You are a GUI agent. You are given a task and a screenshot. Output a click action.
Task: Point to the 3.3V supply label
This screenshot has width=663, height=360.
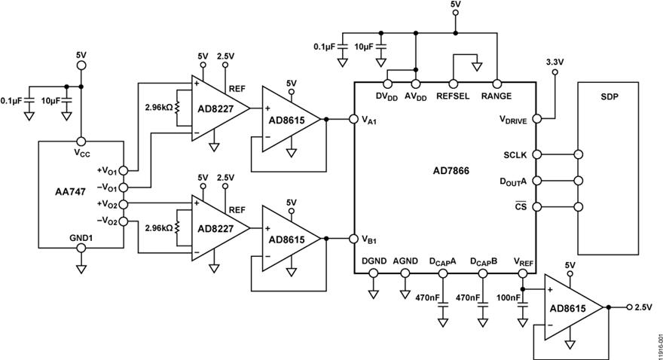(556, 62)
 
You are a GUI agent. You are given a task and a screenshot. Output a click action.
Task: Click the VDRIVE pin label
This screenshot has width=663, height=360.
(514, 118)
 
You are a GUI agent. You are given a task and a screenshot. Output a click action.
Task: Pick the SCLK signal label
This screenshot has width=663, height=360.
(518, 154)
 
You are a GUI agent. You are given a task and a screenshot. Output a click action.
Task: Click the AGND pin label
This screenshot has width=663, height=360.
(405, 260)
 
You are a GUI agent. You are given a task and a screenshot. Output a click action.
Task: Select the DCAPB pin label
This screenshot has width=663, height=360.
(484, 261)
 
